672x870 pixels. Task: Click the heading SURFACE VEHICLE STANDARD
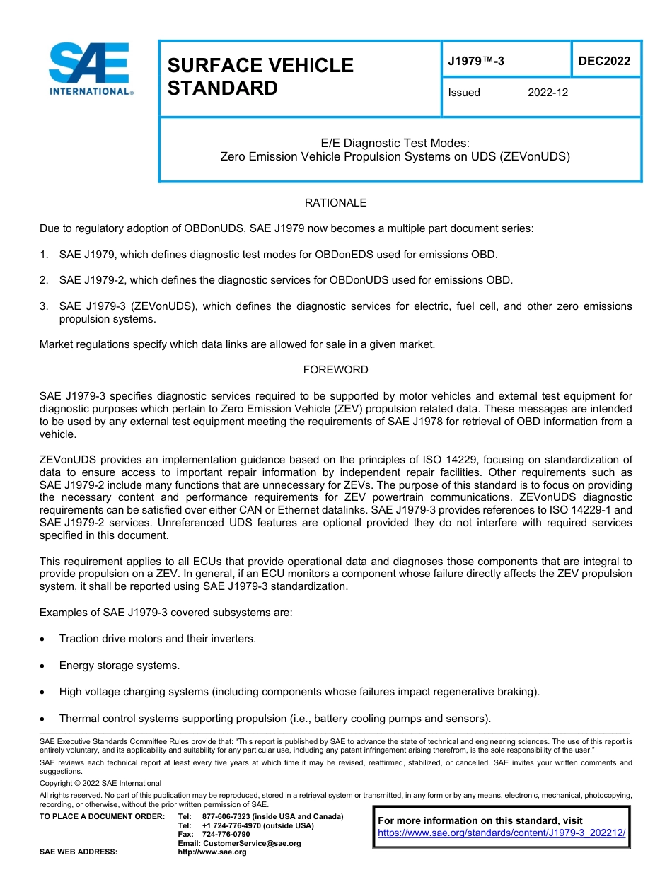[260, 76]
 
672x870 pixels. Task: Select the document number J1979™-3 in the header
[476, 62]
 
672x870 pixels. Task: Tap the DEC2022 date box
[604, 62]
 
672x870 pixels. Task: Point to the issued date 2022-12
[548, 93]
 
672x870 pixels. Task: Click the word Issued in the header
[464, 93]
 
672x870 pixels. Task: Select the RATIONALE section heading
[335, 203]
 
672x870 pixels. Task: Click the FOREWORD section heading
[335, 370]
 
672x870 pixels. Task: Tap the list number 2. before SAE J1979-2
[44, 280]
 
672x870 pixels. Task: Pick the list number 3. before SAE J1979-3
[44, 306]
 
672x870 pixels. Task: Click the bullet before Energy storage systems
[44, 666]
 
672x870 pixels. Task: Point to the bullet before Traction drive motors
[44, 639]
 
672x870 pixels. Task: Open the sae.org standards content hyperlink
[502, 833]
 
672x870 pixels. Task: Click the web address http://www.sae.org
[212, 852]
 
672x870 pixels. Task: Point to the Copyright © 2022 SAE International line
[100, 783]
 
